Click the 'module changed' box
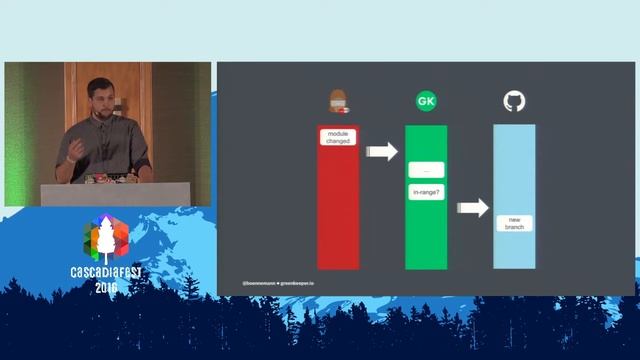338,137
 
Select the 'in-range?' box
426,190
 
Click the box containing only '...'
426,170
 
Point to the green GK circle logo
426,101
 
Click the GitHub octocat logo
514,101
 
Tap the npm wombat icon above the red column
338,101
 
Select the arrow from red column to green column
381,152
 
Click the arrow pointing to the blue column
472,208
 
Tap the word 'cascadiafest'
106,272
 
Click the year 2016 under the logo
106,287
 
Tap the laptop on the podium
100,179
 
